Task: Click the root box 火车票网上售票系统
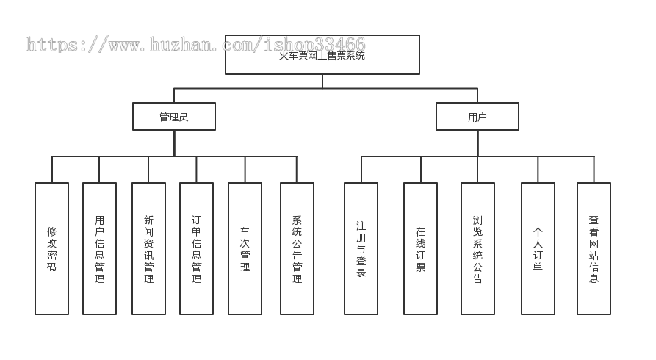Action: (x=322, y=55)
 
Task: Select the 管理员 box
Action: (x=174, y=116)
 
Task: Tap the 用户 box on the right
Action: (x=477, y=116)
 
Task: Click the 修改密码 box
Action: (x=51, y=248)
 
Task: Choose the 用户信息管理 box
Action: (x=99, y=248)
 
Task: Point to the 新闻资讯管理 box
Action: (x=148, y=248)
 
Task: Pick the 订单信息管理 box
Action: (x=196, y=248)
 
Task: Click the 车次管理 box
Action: (x=245, y=248)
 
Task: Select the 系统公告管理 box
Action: (x=297, y=248)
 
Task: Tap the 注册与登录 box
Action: (x=361, y=248)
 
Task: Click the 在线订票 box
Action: (x=420, y=248)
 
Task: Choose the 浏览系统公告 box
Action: (x=477, y=248)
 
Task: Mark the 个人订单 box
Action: (x=538, y=248)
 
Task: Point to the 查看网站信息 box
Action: (x=594, y=248)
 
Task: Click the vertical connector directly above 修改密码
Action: (x=52, y=169)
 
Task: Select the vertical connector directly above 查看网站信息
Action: (x=594, y=169)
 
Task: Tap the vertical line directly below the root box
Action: (x=322, y=82)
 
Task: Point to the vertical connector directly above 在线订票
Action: (x=420, y=169)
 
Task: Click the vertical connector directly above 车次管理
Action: (x=245, y=169)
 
